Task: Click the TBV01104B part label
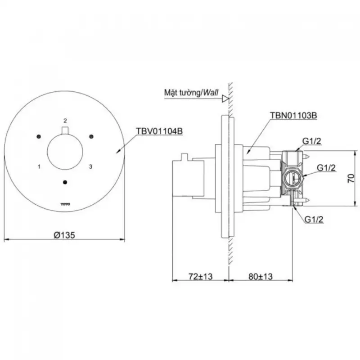159,131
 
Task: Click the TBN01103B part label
293,115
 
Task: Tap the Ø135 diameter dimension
64,235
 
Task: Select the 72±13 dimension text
200,276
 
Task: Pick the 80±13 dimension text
261,276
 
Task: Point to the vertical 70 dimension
351,178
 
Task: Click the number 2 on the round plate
65,121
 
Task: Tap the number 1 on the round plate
39,166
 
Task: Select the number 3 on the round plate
91,166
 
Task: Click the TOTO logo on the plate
65,204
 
